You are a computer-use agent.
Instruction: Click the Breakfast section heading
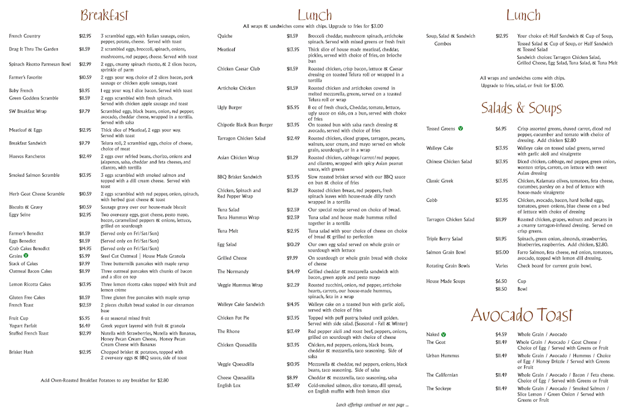[104, 16]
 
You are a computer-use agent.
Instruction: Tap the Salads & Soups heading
[521, 108]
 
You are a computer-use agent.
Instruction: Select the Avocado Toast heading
[522, 315]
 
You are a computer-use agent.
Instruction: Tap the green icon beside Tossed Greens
[460, 128]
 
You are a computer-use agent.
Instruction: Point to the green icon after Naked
[443, 335]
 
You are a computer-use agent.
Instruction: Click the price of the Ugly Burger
[293, 107]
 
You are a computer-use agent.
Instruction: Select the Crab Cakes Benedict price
[85, 249]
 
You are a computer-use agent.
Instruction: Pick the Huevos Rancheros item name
[27, 156]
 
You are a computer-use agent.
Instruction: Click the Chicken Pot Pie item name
[233, 318]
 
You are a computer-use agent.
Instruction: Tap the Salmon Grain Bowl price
[502, 252]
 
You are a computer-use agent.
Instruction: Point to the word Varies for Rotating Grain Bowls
[502, 266]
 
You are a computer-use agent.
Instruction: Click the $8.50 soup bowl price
[501, 289]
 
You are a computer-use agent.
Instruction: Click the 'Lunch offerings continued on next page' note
[372, 405]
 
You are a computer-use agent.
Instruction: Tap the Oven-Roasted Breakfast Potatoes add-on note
[104, 380]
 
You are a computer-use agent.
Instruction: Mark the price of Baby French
[85, 91]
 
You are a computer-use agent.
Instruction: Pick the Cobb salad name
[431, 200]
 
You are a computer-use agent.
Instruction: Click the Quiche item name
[225, 36]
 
